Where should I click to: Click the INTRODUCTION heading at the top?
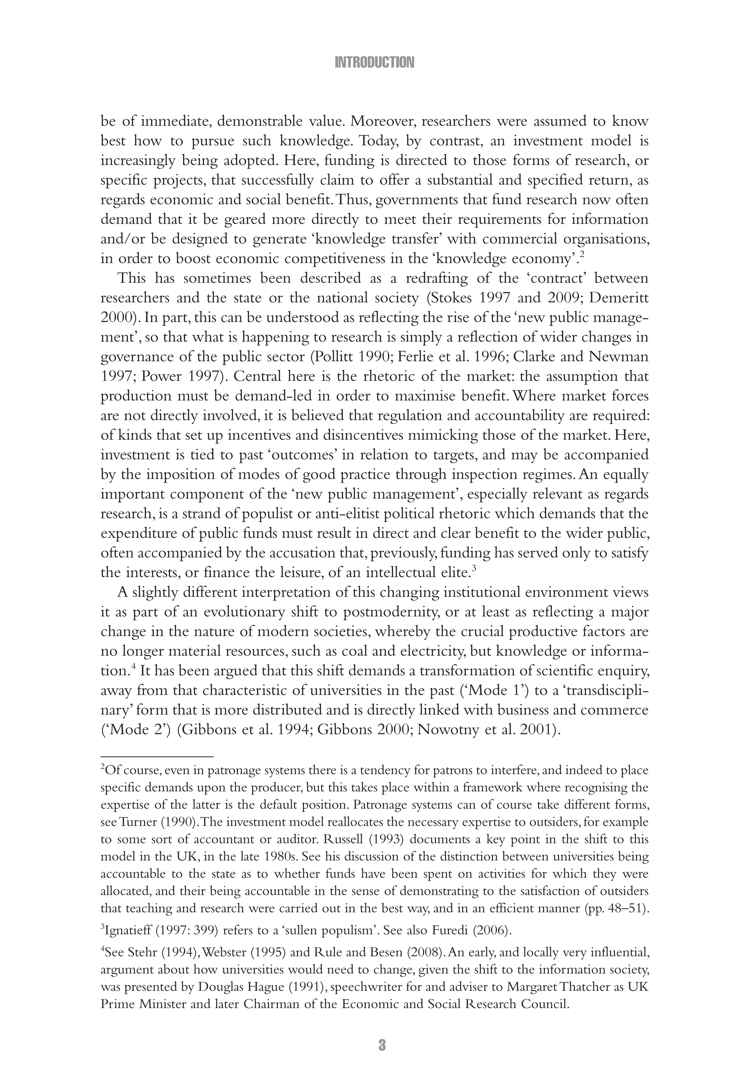pos(374,62)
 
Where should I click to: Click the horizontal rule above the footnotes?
pos(157,756)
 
